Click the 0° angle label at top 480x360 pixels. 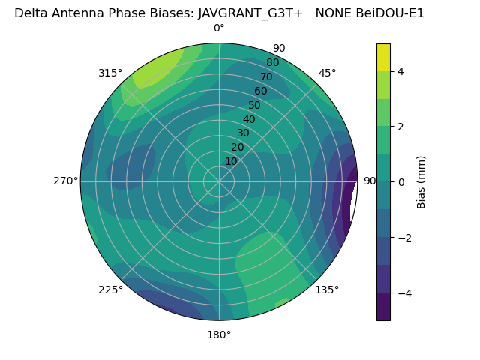[x=219, y=28]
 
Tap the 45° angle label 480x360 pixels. [x=327, y=73]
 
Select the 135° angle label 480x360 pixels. [x=327, y=289]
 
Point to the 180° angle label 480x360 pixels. [x=219, y=334]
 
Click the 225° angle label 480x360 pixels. [x=110, y=289]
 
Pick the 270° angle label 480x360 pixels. [x=65, y=181]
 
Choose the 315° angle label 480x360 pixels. [x=110, y=73]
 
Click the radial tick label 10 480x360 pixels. [x=231, y=162]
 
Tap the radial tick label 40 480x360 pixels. [x=249, y=120]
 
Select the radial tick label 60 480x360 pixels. [x=260, y=91]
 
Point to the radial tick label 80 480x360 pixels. [x=272, y=63]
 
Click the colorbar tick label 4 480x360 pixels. [x=401, y=71]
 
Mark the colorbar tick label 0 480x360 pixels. [x=401, y=181]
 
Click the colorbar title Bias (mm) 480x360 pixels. [x=421, y=181]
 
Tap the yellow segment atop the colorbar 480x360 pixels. [x=383, y=57]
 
